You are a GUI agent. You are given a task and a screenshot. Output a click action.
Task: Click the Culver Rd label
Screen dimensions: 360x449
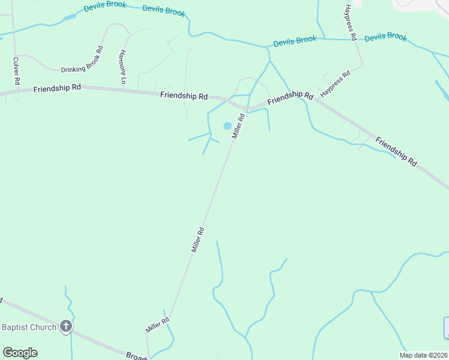tap(17, 71)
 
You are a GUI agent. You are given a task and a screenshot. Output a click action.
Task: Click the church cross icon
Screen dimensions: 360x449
tap(65, 327)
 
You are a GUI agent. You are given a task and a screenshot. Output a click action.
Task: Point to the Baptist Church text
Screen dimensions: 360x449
tap(29, 327)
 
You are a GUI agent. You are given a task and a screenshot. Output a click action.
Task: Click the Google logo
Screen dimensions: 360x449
tap(20, 353)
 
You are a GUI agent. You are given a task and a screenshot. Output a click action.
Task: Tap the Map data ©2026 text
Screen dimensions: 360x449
tap(423, 355)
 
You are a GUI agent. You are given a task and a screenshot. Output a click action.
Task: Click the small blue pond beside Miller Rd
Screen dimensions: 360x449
tap(228, 126)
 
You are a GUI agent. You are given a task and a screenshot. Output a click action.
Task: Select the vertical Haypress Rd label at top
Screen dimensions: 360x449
tap(351, 23)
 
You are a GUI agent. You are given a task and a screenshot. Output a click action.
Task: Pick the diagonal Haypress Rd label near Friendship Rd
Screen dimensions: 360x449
tap(335, 85)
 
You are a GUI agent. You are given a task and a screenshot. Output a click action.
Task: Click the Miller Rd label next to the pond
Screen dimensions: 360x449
tap(239, 126)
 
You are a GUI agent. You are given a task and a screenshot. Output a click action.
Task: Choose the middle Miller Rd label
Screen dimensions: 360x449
tap(198, 239)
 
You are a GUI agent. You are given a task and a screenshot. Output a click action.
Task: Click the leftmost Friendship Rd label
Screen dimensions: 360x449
tap(57, 88)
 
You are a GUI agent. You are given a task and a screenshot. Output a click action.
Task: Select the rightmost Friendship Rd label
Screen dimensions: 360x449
tap(396, 151)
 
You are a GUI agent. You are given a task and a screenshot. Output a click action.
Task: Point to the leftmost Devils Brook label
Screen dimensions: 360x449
tap(105, 5)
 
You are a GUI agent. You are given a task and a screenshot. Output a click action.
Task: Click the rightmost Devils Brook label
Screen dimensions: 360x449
tap(385, 37)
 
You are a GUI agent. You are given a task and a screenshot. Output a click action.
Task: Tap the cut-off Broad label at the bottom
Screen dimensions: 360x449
tap(137, 356)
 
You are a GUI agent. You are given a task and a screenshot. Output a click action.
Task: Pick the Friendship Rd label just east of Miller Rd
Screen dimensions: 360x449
tap(291, 97)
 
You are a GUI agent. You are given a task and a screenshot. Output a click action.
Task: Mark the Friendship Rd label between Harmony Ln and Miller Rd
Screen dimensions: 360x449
tap(184, 95)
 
